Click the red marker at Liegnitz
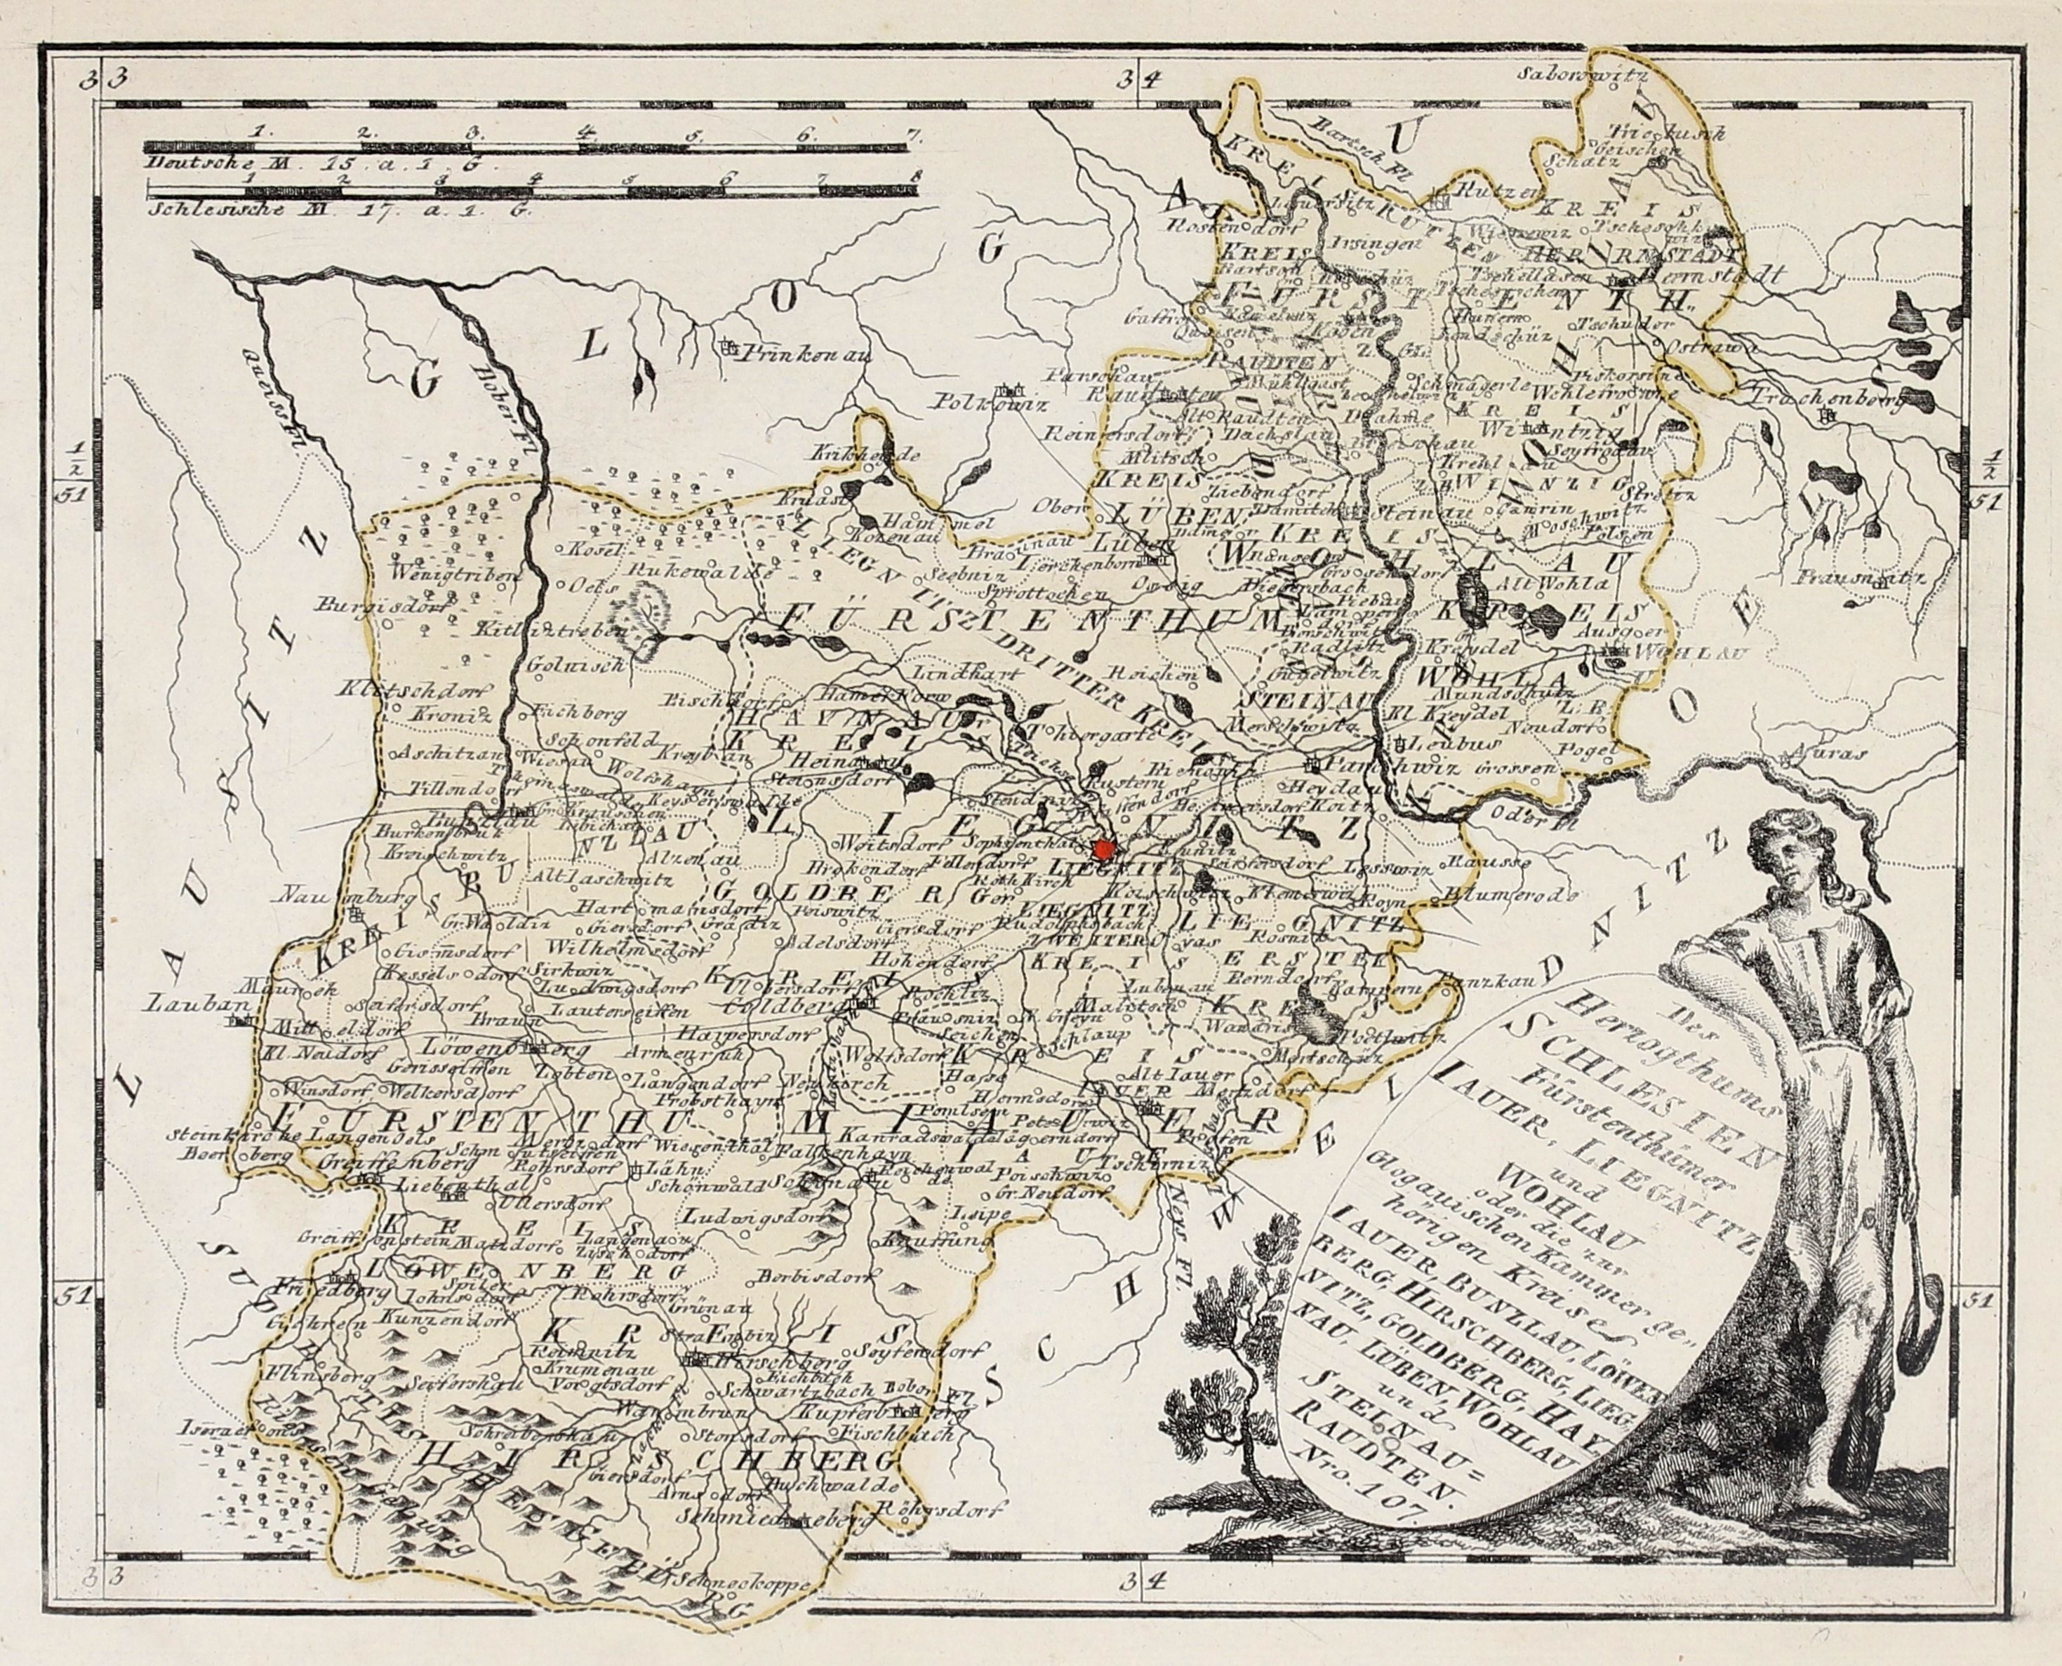point(1104,848)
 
